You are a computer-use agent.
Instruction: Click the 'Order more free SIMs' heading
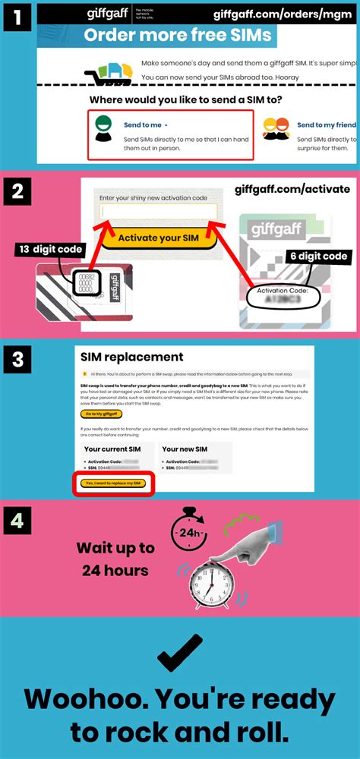(x=177, y=36)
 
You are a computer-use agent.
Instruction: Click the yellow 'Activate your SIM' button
(x=159, y=238)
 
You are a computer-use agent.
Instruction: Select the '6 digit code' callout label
(x=317, y=257)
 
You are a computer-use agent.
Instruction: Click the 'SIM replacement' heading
(x=132, y=357)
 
